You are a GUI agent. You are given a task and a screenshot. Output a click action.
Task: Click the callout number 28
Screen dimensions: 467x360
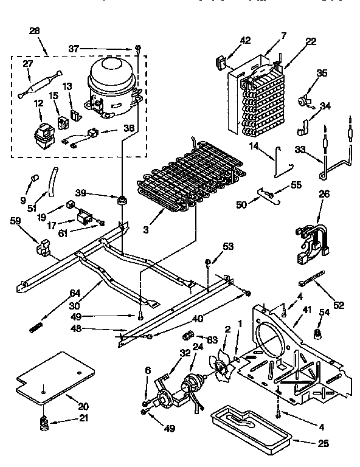pyautogui.click(x=35, y=30)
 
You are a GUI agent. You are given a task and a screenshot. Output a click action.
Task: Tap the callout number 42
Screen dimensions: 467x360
pyautogui.click(x=245, y=41)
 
